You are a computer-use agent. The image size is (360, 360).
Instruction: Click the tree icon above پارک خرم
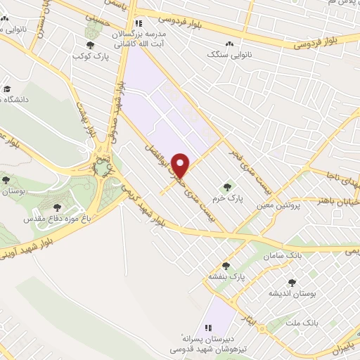coord(226,187)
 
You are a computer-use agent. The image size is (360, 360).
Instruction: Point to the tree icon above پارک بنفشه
coord(226,266)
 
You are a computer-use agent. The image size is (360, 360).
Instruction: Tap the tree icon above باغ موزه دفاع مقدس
coord(57,207)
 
